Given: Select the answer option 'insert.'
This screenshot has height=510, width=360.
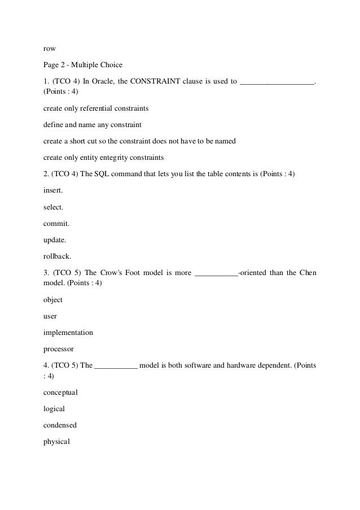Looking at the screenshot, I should click(53, 190).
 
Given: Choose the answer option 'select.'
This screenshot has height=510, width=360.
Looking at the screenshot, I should click(53, 207).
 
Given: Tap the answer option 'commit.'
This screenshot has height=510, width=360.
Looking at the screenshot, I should click(55, 223).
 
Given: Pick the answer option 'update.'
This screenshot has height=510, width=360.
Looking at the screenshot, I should click(55, 239).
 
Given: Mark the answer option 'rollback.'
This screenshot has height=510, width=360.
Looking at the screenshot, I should click(57, 256).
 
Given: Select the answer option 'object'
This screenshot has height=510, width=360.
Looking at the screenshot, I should click(53, 299).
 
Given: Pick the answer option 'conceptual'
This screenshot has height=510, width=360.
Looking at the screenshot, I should click(60, 391).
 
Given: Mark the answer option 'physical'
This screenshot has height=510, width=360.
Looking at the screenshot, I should click(56, 441).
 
